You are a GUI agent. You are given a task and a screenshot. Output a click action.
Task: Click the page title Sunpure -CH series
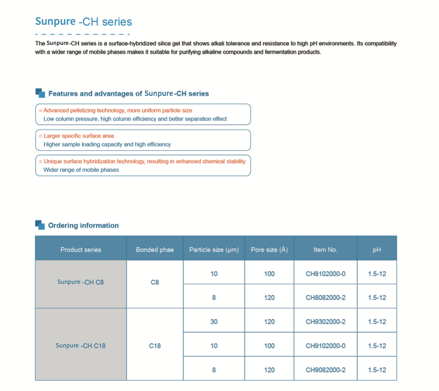(x=84, y=22)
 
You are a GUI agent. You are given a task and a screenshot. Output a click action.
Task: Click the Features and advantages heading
(x=128, y=94)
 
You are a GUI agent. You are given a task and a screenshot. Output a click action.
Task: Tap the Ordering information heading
(x=83, y=225)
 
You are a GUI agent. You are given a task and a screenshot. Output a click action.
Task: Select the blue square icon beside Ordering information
(x=40, y=225)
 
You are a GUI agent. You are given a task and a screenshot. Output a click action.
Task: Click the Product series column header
(x=80, y=250)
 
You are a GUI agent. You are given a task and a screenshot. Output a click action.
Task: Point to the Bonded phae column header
(x=154, y=250)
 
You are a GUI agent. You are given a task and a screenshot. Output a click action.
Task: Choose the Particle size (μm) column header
(x=214, y=250)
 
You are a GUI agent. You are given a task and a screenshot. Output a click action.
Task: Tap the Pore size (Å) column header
(x=269, y=250)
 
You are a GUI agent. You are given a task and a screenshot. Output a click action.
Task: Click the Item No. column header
(x=325, y=250)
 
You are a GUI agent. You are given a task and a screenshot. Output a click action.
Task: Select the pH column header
(x=377, y=250)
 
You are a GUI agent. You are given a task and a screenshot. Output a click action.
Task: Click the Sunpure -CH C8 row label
(x=80, y=282)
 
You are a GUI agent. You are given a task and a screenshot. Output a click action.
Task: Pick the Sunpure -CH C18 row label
(x=80, y=346)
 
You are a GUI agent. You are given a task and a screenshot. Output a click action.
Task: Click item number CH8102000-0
(x=325, y=274)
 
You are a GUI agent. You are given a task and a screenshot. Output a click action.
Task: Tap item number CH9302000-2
(x=325, y=322)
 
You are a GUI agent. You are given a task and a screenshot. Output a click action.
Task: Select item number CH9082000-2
(x=325, y=370)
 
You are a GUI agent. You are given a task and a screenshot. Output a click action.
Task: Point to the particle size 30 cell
(x=214, y=322)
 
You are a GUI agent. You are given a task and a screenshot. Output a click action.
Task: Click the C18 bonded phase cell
(x=154, y=346)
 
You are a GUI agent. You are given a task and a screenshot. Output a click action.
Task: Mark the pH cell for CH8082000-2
(x=377, y=297)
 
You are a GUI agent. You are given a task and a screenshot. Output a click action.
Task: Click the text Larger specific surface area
(x=79, y=136)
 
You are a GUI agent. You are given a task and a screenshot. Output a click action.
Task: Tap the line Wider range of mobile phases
(x=81, y=170)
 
